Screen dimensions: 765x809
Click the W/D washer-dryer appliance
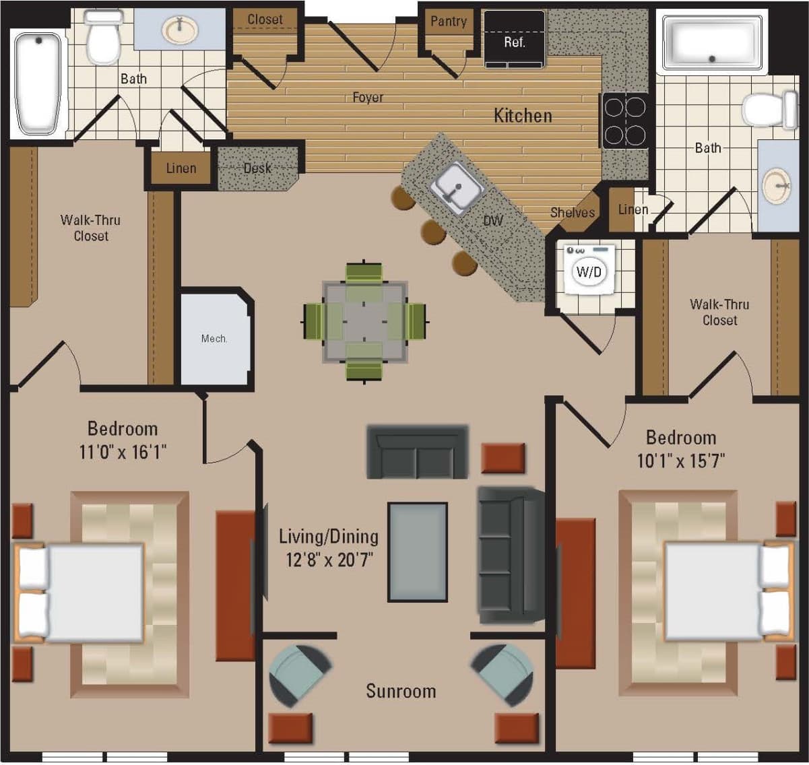click(589, 270)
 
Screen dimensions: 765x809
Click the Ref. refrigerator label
click(514, 42)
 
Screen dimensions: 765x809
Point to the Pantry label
click(449, 22)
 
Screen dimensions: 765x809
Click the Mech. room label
click(214, 339)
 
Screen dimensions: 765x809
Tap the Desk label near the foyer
click(257, 168)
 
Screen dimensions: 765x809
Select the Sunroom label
click(401, 692)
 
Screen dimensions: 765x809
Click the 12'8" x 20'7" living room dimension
click(329, 560)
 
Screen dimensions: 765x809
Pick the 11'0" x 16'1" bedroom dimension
click(123, 451)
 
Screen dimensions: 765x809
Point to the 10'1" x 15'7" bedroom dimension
click(680, 461)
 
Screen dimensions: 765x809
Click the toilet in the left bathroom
click(103, 36)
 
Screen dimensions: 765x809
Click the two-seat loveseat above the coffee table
click(417, 452)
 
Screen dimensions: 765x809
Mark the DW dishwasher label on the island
click(493, 220)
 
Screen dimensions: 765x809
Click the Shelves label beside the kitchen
click(572, 213)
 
